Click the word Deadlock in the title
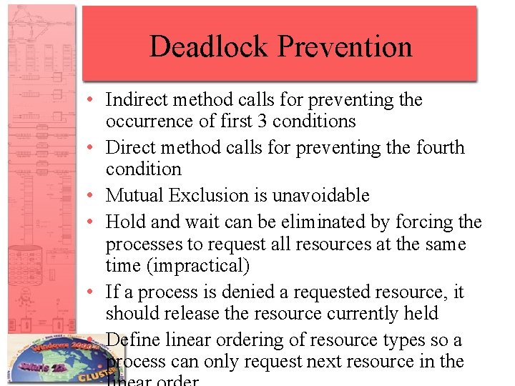pos(210,47)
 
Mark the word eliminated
pos(304,222)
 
